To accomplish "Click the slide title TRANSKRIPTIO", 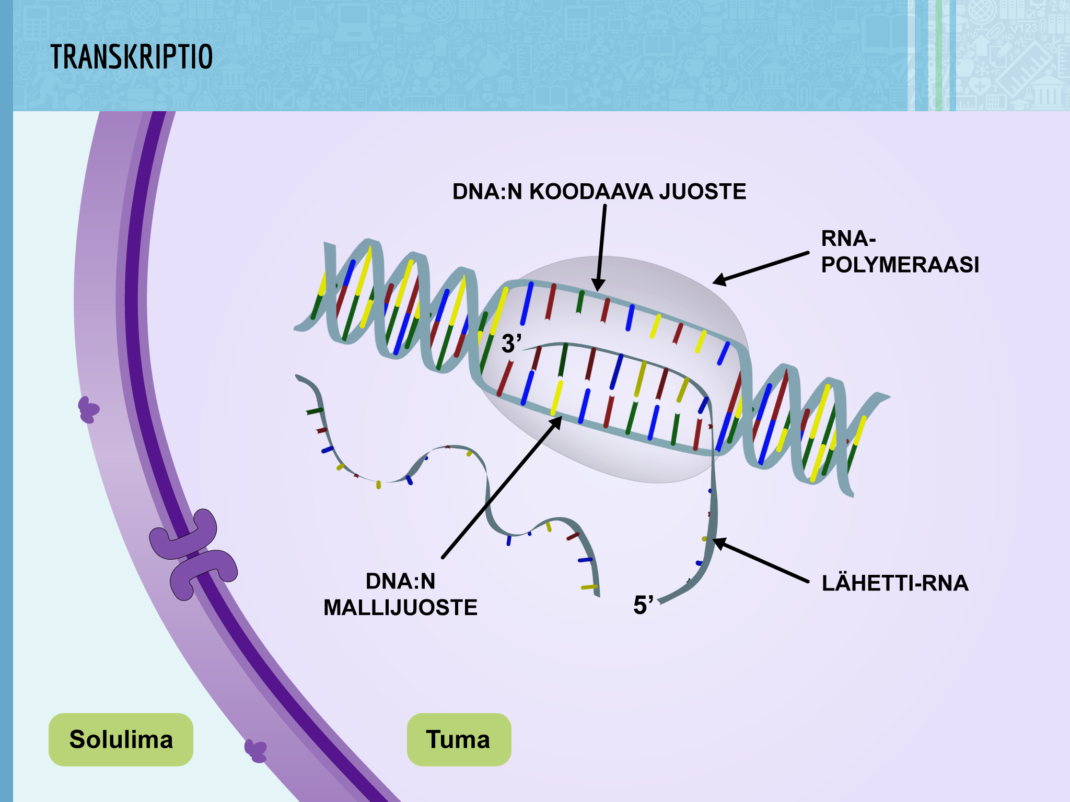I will [132, 57].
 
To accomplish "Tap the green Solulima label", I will [121, 739].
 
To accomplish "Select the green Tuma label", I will [458, 739].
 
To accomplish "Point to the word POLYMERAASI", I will [900, 265].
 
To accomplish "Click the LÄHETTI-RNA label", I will [895, 583].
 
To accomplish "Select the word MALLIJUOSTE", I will [400, 608].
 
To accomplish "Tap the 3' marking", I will [511, 344].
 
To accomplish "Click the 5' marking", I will [643, 605].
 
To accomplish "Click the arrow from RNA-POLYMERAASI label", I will [761, 268].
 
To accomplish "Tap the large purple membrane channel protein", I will [193, 555].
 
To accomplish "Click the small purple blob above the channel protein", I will [88, 409].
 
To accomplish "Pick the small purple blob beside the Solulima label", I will [256, 751].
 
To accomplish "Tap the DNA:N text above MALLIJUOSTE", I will [400, 581].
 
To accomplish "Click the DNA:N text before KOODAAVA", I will [487, 192].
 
